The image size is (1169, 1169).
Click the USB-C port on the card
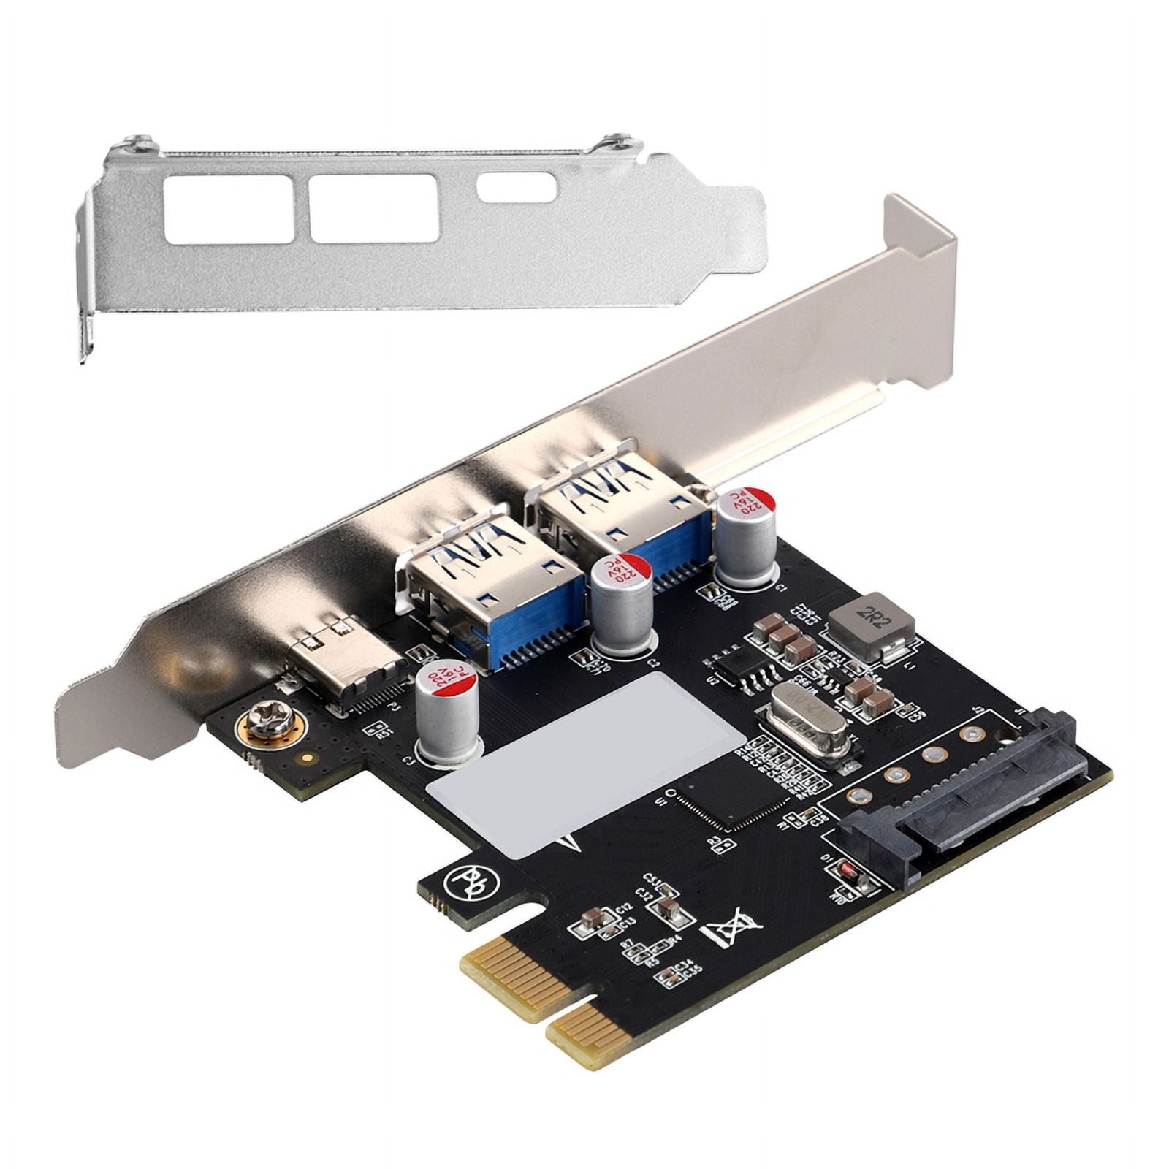pyautogui.click(x=343, y=665)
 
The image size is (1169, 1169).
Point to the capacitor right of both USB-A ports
pyautogui.click(x=745, y=537)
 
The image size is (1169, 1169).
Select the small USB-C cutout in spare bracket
pyautogui.click(x=517, y=188)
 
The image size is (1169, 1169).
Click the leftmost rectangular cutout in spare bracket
pyautogui.click(x=229, y=209)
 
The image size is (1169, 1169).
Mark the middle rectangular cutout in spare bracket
pyautogui.click(x=373, y=208)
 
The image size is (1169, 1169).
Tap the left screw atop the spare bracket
pyautogui.click(x=137, y=144)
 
